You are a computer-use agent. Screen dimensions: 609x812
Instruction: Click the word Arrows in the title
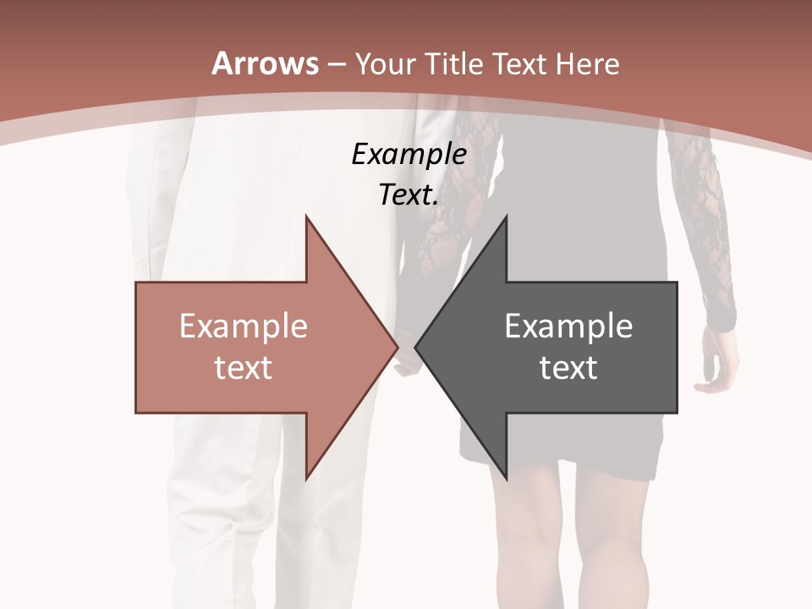265,63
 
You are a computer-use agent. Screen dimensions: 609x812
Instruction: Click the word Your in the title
384,64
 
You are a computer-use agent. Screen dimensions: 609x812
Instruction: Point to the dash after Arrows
336,65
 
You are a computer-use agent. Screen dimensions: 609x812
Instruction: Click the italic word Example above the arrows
409,155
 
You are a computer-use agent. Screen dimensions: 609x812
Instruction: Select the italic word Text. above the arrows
409,195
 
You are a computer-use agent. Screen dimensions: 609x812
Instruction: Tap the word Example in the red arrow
244,326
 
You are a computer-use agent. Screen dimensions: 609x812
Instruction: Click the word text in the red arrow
244,367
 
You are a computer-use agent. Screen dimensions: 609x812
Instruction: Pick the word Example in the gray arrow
568,326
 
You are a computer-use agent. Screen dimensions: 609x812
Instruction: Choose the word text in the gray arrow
568,367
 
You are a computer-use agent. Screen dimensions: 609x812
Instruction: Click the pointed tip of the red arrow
396,347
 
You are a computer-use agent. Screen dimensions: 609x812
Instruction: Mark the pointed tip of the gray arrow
417,347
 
